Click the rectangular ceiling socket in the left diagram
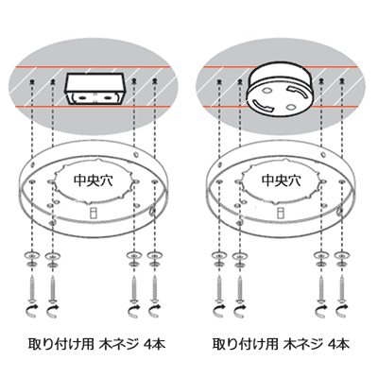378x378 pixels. (94, 89)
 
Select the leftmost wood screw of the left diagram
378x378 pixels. (33, 283)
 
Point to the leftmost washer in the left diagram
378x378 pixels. (33, 258)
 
